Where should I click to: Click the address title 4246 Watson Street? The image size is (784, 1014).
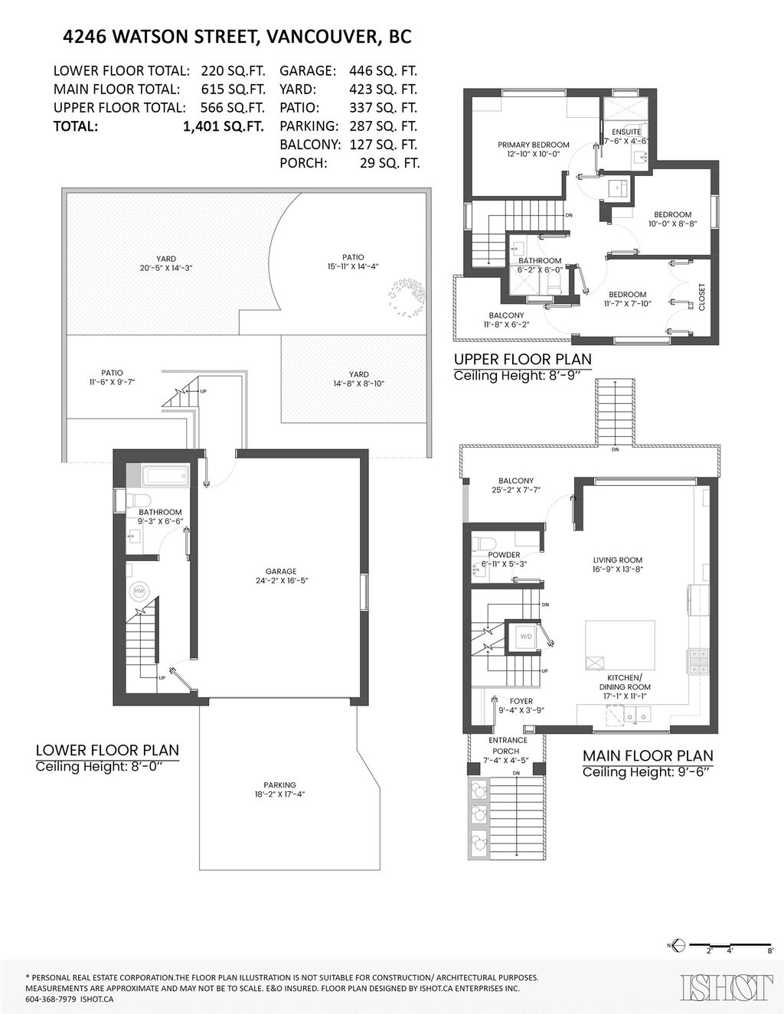(x=237, y=36)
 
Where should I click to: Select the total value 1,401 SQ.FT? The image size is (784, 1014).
(x=223, y=126)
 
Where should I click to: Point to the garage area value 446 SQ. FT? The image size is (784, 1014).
(x=383, y=71)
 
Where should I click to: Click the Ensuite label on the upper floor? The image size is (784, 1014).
(x=626, y=132)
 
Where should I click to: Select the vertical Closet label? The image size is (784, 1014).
(x=701, y=297)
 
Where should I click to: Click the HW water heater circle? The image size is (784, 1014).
(x=139, y=591)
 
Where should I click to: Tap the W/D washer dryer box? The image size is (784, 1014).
(x=526, y=636)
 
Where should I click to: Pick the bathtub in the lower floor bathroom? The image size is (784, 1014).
(x=165, y=477)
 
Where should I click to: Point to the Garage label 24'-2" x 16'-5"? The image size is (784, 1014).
(x=281, y=575)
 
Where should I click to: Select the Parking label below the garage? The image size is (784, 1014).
(x=279, y=789)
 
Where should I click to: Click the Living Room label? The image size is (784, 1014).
(x=617, y=564)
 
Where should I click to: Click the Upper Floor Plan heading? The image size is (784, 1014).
(x=522, y=359)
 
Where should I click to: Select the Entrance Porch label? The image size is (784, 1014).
(x=508, y=745)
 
